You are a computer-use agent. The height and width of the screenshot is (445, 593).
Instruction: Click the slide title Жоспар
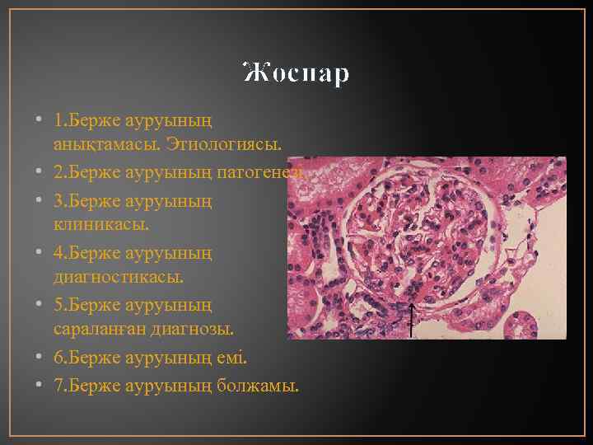click(296, 73)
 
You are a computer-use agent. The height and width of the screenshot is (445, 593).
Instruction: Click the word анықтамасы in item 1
click(92, 144)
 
